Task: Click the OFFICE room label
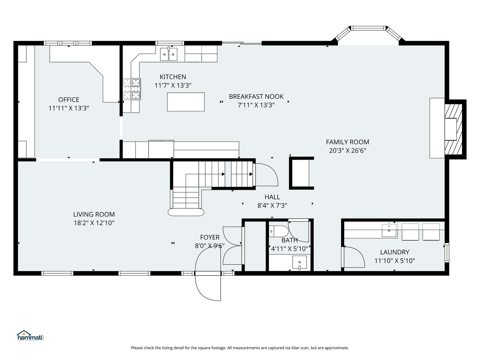pos(69,100)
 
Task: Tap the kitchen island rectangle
pos(186,102)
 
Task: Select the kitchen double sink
pos(169,54)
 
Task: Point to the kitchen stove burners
pos(132,89)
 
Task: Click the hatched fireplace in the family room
pos(453,129)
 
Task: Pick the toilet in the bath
pos(278,231)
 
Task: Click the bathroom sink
pos(299,262)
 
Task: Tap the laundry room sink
pos(389,230)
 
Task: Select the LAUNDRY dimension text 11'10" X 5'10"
pos(394,261)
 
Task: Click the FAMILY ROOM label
pos(347,142)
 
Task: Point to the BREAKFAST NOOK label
pos(256,97)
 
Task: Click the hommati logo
pos(30,336)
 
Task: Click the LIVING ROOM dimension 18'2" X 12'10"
pos(94,223)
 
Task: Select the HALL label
pos(272,197)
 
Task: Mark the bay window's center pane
pos(369,28)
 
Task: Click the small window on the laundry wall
pos(447,253)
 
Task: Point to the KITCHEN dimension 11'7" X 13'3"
pos(173,85)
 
